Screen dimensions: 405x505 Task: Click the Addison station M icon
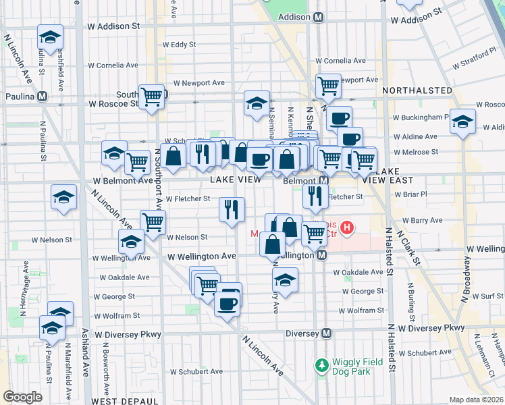click(318, 17)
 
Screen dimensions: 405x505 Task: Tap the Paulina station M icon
click(43, 97)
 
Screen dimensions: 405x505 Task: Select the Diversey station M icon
click(327, 333)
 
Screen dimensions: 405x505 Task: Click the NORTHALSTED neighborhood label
click(417, 90)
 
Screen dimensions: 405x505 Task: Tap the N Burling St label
click(410, 298)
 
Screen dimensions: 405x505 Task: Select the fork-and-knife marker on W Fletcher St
click(232, 209)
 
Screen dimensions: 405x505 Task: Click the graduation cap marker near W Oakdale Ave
click(286, 281)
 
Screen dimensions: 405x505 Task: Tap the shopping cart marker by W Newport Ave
click(328, 86)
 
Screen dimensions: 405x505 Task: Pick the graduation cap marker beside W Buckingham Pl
click(462, 122)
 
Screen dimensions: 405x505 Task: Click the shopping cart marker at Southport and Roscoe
click(153, 97)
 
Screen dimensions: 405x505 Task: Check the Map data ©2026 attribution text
click(476, 400)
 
